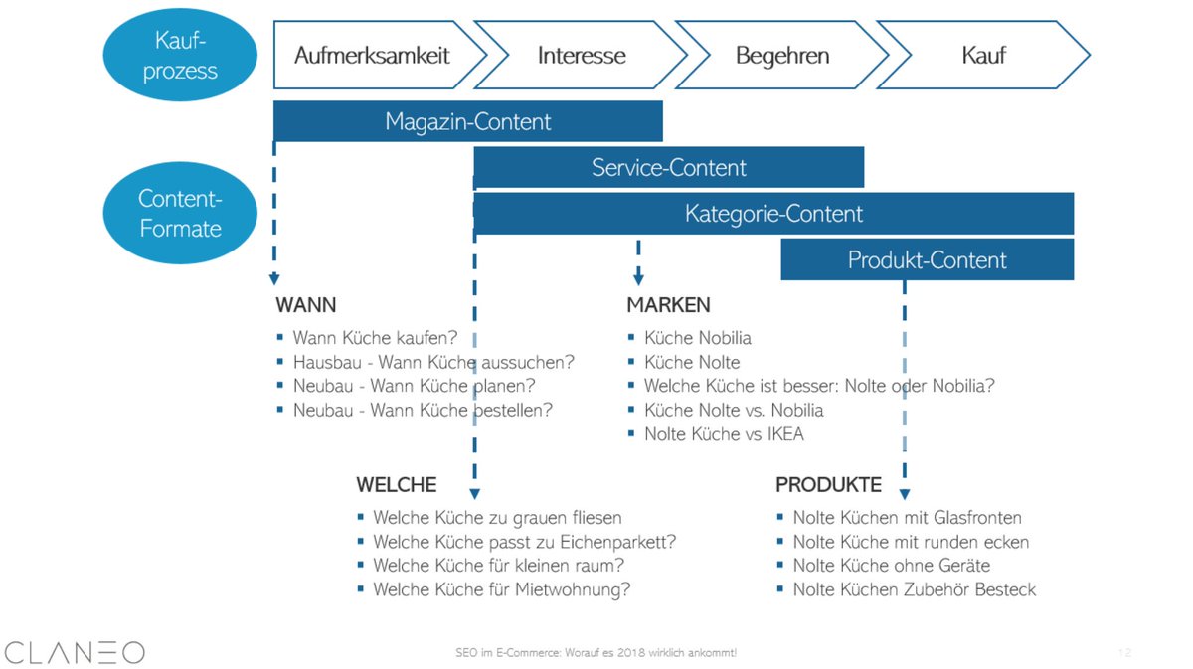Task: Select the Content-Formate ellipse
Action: pos(180,213)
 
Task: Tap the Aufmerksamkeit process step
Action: pos(372,55)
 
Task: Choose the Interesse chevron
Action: pos(582,55)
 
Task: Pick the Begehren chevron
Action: pos(781,55)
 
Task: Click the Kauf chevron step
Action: pos(983,55)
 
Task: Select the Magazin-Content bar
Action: pos(467,122)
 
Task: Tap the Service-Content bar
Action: pos(668,167)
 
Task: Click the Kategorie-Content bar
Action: pos(773,214)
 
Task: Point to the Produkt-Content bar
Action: pos(927,260)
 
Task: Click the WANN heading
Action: pos(305,305)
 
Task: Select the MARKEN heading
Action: pos(668,305)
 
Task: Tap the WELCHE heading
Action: pos(396,485)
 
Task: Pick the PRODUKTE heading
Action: pos(828,485)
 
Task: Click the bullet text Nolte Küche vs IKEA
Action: pos(724,434)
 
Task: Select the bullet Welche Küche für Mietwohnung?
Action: pos(501,589)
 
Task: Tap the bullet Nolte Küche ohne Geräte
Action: pos(891,566)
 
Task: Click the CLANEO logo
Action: pos(75,652)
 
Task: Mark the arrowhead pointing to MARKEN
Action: pos(638,279)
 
